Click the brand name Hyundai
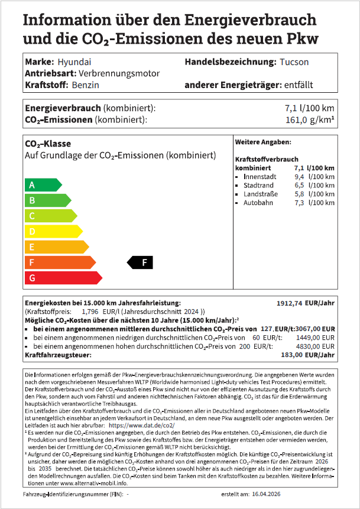(x=74, y=62)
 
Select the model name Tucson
(x=295, y=62)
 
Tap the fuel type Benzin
(x=85, y=85)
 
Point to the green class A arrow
(x=42, y=185)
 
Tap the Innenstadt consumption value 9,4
(x=299, y=177)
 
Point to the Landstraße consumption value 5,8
(x=299, y=194)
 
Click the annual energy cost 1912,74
(x=294, y=303)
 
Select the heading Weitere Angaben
(x=262, y=142)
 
